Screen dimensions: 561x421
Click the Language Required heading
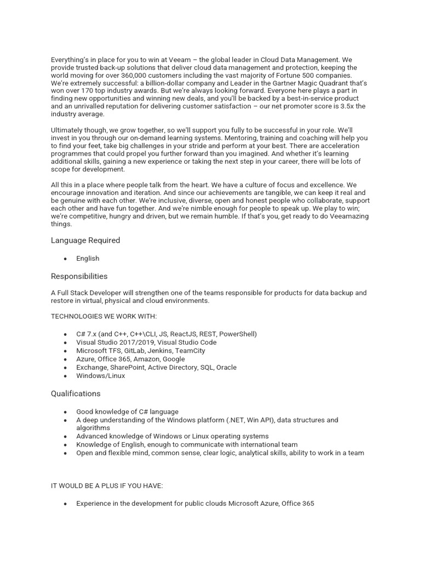pos(86,240)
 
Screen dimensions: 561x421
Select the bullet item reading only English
pos(88,259)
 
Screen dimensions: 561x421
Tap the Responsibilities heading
pos(79,276)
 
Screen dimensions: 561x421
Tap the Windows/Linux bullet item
pos(100,376)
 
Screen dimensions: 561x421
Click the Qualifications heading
pos(76,393)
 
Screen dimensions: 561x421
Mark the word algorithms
pos(93,428)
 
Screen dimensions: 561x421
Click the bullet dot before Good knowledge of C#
pos(65,412)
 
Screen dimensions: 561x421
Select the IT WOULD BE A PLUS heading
pos(99,485)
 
